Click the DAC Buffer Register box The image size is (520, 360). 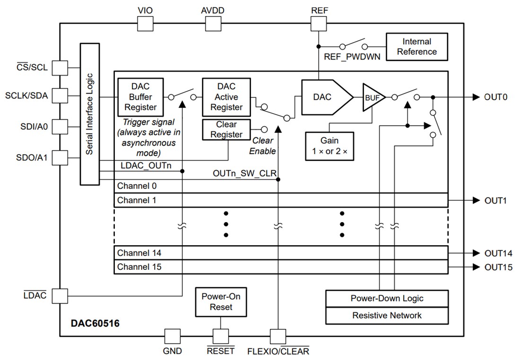[140, 97]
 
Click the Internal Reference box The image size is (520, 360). [416, 46]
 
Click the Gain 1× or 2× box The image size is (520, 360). [329, 146]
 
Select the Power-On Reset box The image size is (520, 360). [220, 302]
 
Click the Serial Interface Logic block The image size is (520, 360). [89, 114]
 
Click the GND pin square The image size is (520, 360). [172, 336]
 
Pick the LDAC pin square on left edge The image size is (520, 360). [60, 296]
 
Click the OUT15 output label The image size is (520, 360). [498, 267]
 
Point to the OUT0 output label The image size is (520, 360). [495, 97]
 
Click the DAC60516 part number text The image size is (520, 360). [95, 324]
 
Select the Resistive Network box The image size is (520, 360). [387, 316]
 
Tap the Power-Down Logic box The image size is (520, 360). [387, 299]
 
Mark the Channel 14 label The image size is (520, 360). [139, 253]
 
